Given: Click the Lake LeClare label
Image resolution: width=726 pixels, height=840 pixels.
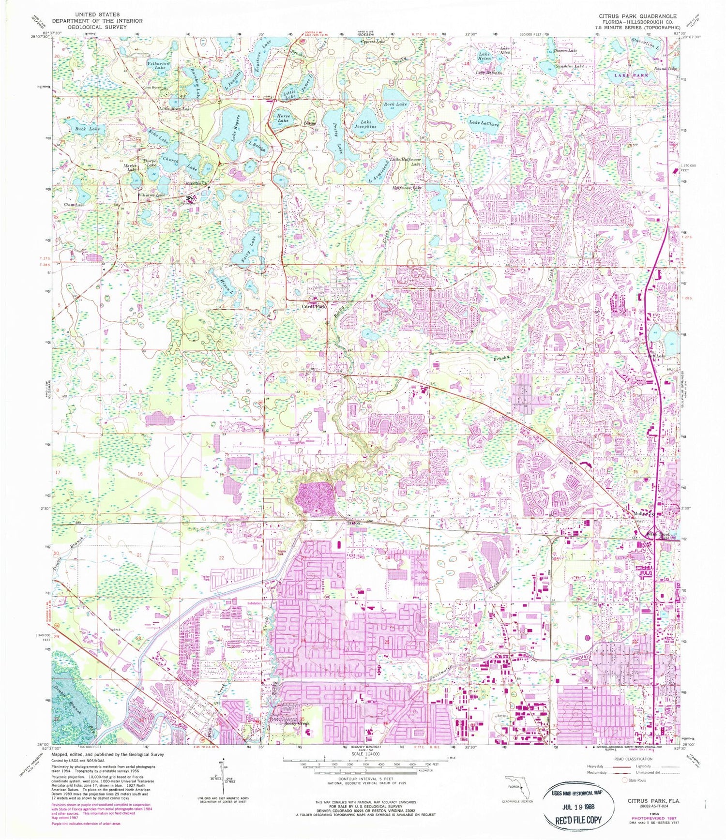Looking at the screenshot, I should pos(484,123).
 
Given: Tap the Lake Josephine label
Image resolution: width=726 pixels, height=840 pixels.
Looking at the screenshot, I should pos(366,124).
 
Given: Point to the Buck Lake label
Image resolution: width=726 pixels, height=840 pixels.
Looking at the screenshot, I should pos(88,129).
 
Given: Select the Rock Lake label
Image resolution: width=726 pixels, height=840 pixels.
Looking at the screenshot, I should pos(395,104).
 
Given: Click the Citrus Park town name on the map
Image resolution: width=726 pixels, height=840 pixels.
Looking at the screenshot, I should pos(315,306).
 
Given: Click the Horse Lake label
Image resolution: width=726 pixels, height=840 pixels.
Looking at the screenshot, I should pos(283,119).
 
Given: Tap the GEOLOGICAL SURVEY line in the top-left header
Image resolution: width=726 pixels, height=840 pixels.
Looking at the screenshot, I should pos(97,28).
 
